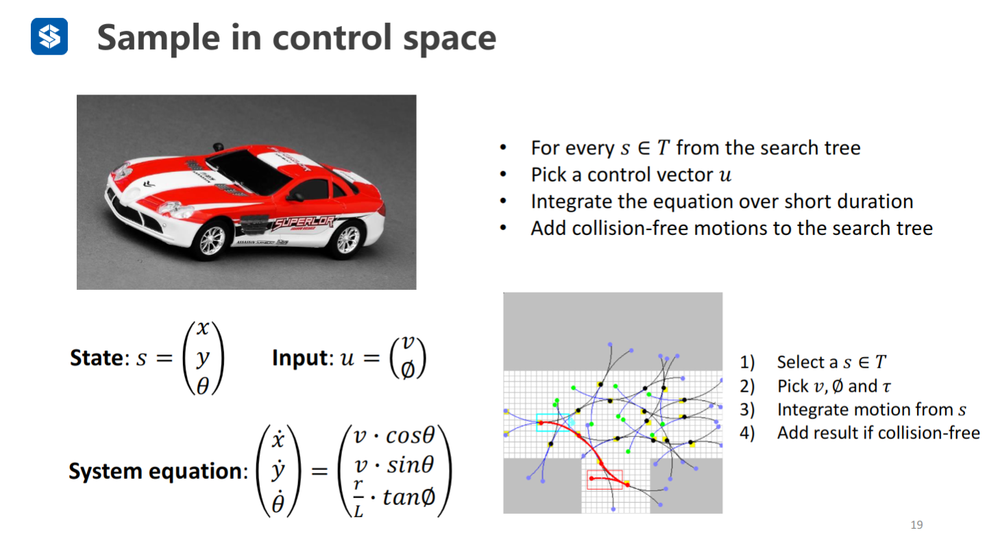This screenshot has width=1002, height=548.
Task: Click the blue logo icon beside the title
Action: [49, 36]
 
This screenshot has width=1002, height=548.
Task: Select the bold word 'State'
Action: [95, 358]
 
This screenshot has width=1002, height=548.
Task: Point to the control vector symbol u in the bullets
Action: [725, 175]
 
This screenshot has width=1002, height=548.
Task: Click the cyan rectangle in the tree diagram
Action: [552, 423]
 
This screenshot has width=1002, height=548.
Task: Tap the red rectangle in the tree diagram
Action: [604, 480]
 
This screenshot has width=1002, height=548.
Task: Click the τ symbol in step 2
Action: [887, 386]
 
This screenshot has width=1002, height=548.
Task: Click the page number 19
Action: [916, 525]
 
